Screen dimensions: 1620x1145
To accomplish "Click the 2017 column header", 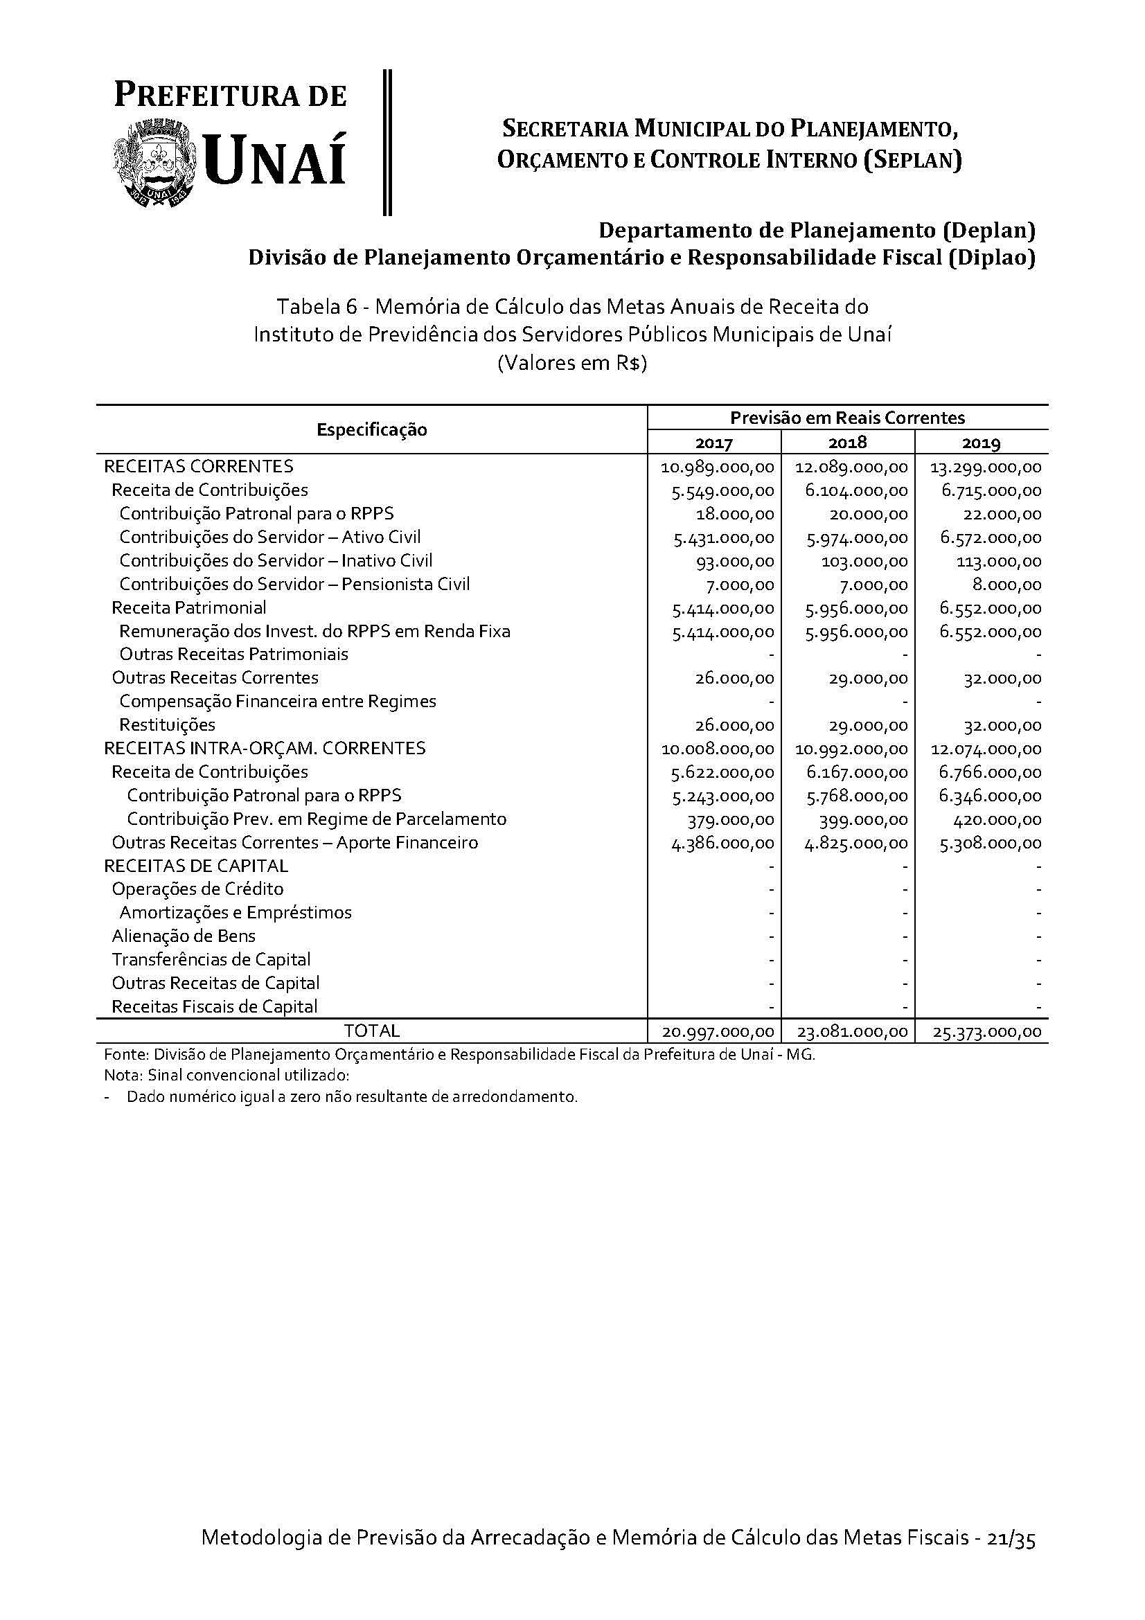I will pyautogui.click(x=714, y=443).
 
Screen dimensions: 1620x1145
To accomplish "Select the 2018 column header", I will pyautogui.click(x=847, y=443).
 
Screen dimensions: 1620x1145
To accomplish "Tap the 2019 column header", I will pyautogui.click(x=982, y=443).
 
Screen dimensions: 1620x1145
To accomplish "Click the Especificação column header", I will pyautogui.click(x=372, y=429).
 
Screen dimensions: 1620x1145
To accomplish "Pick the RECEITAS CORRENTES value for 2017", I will pyautogui.click(x=718, y=467).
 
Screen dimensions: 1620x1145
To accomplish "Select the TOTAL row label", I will pyautogui.click(x=372, y=1031).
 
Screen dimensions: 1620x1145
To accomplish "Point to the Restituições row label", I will pyautogui.click(x=167, y=724).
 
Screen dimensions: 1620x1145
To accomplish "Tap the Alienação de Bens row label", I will pyautogui.click(x=184, y=936).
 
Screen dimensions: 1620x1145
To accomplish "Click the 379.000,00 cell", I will pyautogui.click(x=731, y=820).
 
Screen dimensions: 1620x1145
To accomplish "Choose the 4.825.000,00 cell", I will pyautogui.click(x=856, y=843).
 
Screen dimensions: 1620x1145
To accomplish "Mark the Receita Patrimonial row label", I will pyautogui.click(x=189, y=607).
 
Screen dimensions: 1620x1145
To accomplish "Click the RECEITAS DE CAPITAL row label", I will pyautogui.click(x=196, y=866).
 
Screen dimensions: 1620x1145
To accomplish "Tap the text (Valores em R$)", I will pyautogui.click(x=572, y=364).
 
